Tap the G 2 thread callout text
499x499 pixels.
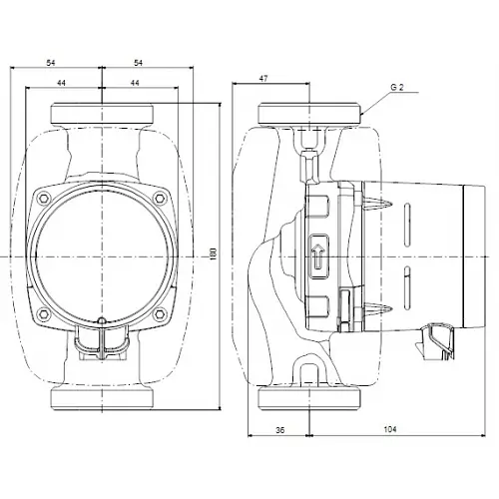396,86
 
